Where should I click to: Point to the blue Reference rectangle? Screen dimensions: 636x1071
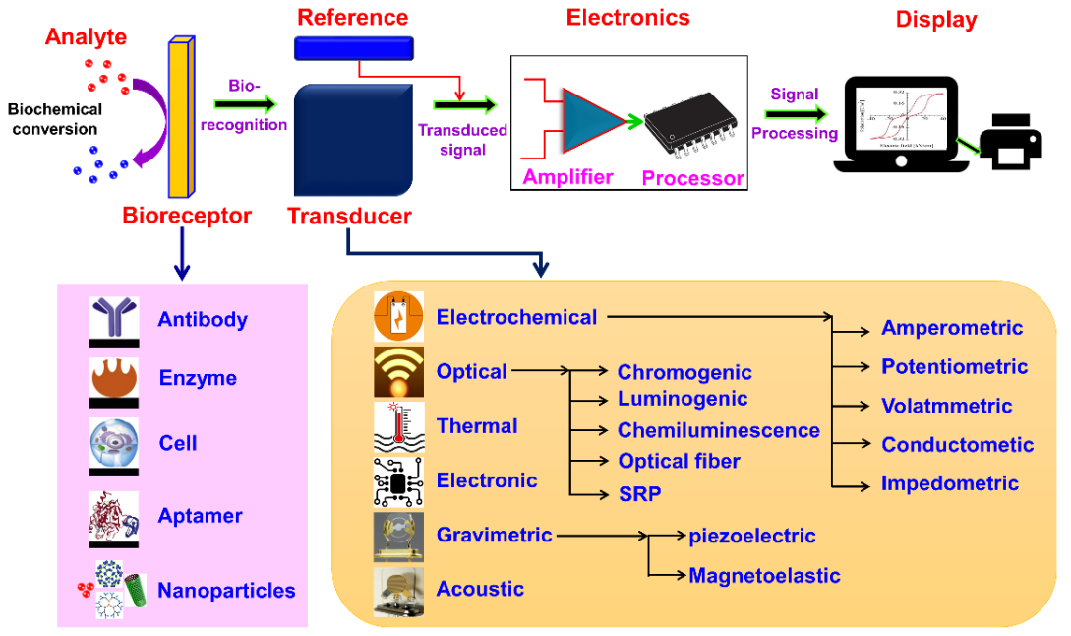(x=354, y=46)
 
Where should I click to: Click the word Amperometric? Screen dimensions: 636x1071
(x=952, y=328)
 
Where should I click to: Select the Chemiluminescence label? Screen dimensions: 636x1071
(x=718, y=430)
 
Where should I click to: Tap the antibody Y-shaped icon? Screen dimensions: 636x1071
(x=113, y=318)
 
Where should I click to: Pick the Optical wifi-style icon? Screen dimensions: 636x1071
(x=398, y=372)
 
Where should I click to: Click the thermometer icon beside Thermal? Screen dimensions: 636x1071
(x=398, y=426)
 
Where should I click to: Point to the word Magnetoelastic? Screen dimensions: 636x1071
(x=764, y=575)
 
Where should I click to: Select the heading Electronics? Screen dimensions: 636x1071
(x=627, y=17)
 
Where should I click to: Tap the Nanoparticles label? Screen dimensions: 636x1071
(x=226, y=591)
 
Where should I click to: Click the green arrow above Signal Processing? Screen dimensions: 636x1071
(x=797, y=114)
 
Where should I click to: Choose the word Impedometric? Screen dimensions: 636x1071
(x=950, y=483)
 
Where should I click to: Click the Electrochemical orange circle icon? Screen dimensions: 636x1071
(x=398, y=317)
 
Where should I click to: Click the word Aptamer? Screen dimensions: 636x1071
(x=200, y=515)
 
